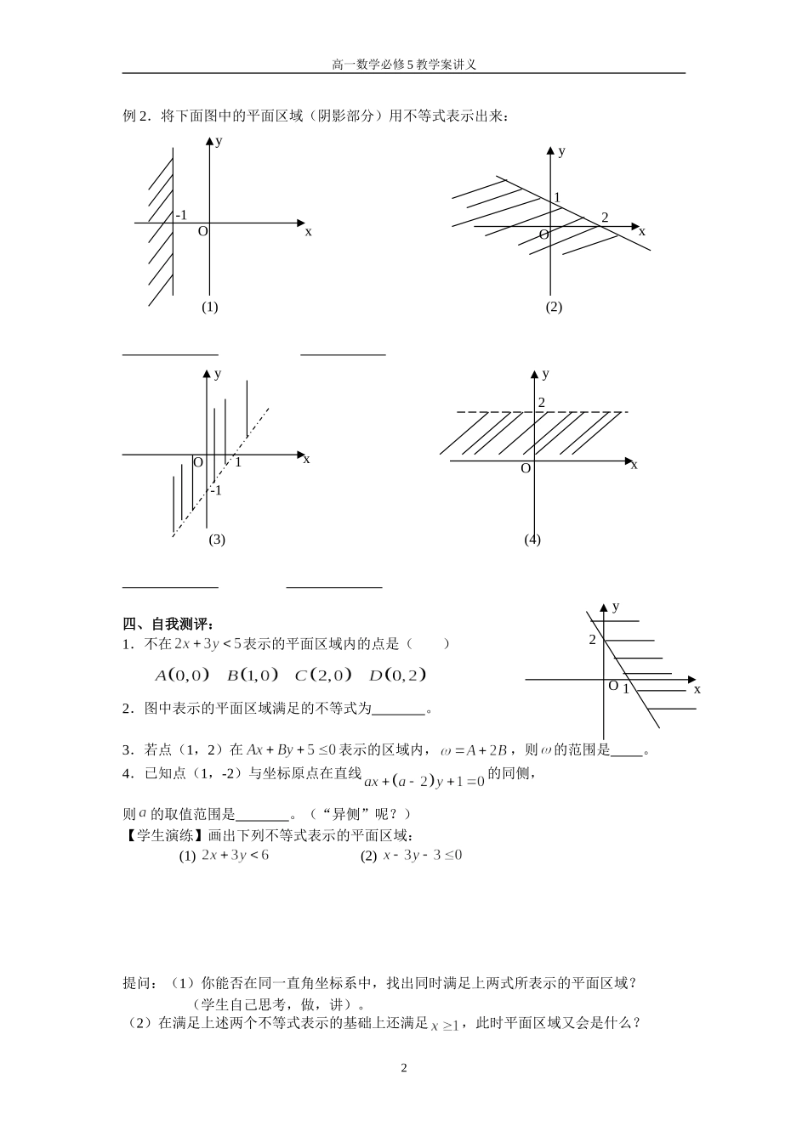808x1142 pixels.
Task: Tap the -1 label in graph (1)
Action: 180,216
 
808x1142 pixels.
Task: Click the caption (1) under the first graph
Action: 210,307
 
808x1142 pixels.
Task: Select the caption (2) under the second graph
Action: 554,307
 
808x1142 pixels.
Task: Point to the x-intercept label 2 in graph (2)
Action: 605,218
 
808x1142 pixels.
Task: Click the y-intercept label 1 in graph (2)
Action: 557,198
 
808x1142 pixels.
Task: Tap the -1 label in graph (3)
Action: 215,490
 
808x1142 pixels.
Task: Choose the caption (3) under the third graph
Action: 217,540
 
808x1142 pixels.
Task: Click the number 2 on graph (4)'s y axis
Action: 541,402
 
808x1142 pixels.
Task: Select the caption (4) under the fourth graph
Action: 532,540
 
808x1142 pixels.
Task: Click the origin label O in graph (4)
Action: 526,468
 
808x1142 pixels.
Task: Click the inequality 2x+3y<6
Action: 236,856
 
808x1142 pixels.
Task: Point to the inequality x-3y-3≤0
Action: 422,856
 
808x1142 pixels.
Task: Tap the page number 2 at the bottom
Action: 404,1068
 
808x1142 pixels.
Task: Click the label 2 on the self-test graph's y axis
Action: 593,640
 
